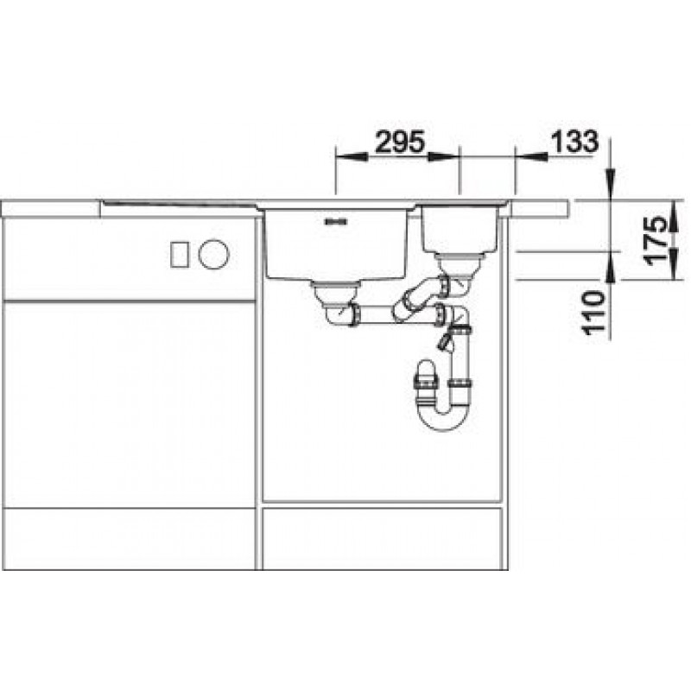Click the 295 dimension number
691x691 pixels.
(400, 142)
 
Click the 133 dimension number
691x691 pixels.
(574, 142)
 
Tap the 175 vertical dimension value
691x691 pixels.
(655, 240)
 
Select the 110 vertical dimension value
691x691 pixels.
(593, 312)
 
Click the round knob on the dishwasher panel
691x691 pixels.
(213, 254)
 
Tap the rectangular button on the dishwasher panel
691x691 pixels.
(180, 254)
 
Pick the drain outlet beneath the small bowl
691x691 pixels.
(459, 263)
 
